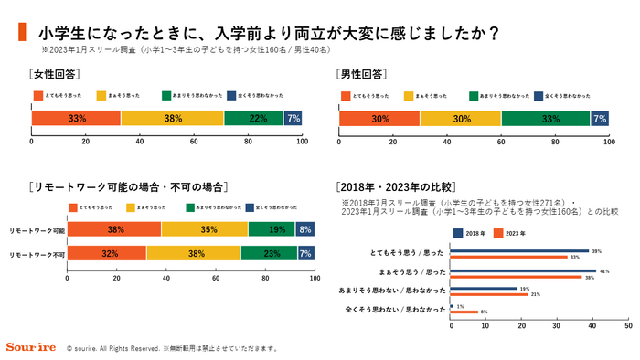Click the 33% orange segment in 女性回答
point(76,118)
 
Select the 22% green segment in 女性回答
point(253,118)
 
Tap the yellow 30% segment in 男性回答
point(460,118)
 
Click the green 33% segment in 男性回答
point(546,118)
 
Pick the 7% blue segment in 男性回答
point(600,118)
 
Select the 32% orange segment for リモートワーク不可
point(106,253)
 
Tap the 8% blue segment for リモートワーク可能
point(305,229)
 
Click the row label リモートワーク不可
point(37,253)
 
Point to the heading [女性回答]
point(57,73)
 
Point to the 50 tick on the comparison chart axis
point(627,325)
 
